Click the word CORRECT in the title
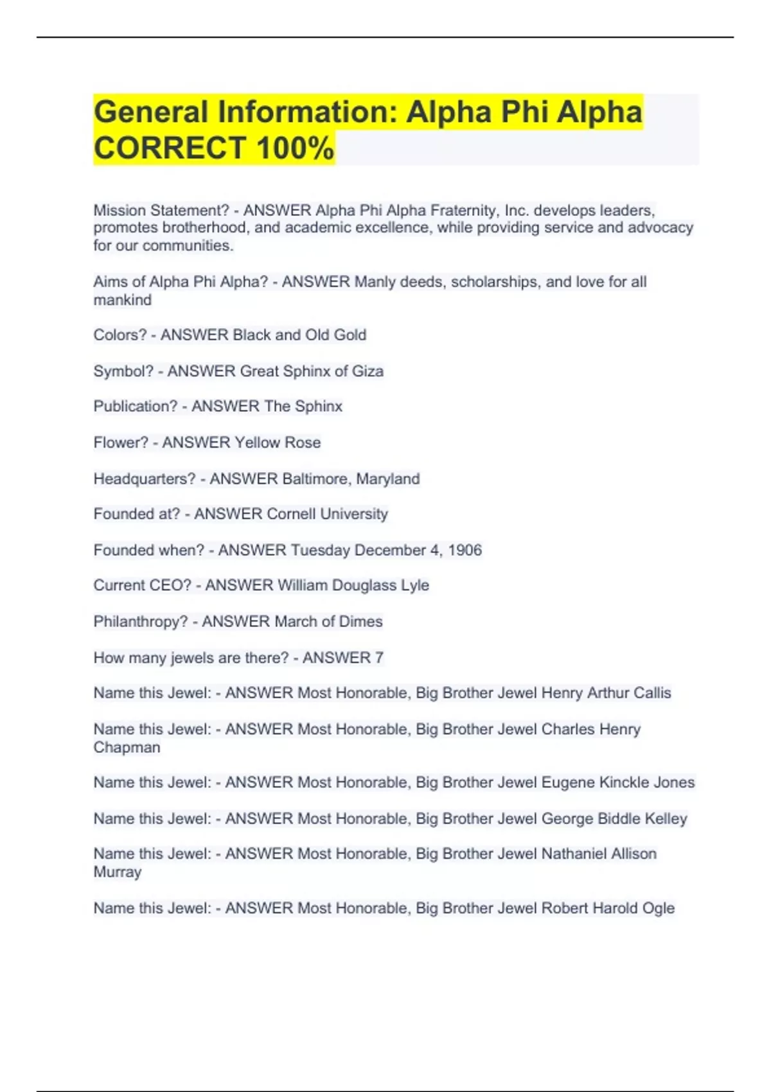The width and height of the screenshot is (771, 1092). (170, 148)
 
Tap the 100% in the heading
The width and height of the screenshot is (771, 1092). (295, 148)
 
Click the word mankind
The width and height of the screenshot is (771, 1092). (123, 300)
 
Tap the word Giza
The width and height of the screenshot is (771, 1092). (368, 371)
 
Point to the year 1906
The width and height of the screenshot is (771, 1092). (465, 550)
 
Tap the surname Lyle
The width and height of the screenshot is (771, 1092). (415, 585)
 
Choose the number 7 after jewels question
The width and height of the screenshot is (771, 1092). (379, 657)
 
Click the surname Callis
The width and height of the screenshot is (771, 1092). (652, 692)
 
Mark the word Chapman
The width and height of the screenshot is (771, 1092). (127, 747)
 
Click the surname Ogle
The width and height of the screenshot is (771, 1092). (659, 908)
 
